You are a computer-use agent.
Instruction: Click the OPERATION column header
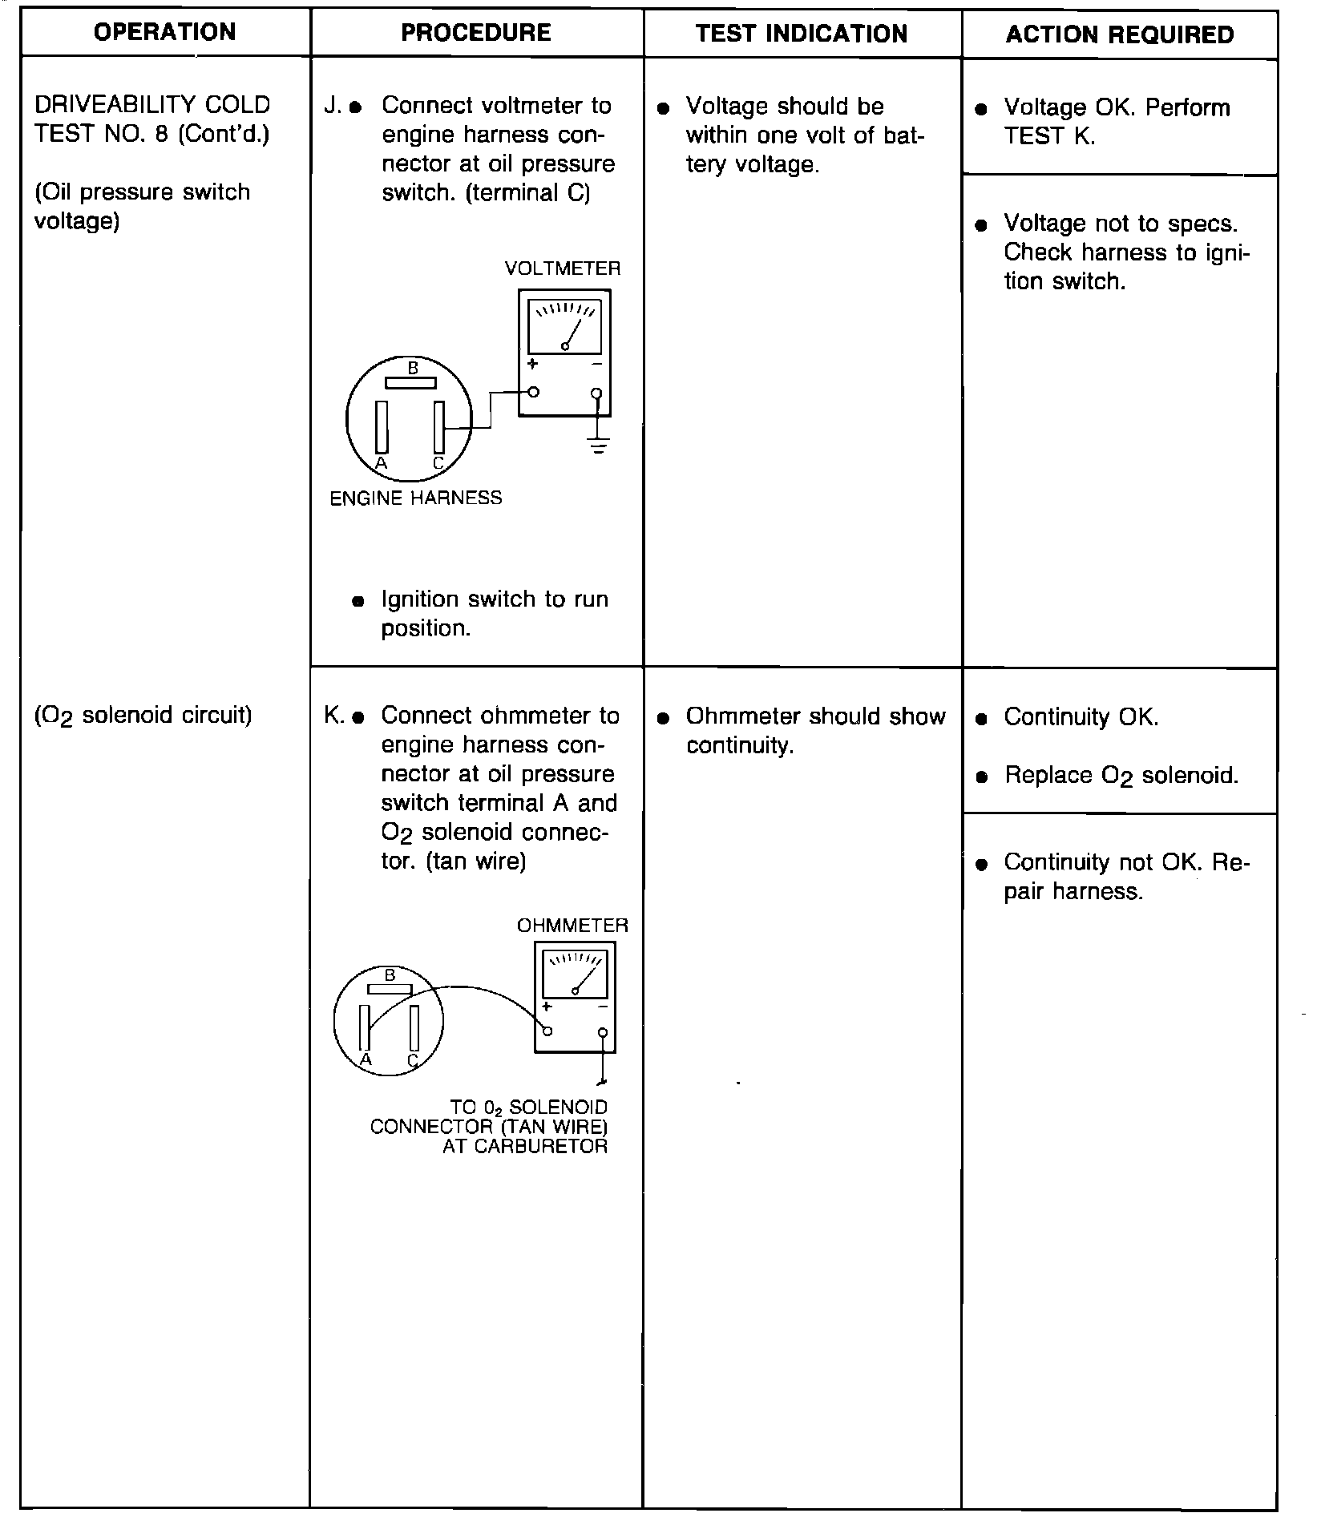(x=165, y=33)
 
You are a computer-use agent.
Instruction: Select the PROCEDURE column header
(x=476, y=33)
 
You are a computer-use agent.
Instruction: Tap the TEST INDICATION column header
(x=802, y=34)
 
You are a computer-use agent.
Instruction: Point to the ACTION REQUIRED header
(x=1120, y=34)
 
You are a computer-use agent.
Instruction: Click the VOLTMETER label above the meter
(x=563, y=268)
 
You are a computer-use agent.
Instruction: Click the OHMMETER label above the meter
(x=572, y=926)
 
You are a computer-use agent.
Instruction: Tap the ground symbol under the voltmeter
(x=598, y=445)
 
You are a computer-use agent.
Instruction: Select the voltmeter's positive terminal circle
(x=533, y=392)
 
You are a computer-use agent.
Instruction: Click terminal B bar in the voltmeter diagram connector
(x=411, y=383)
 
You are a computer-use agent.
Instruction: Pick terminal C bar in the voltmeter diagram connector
(x=439, y=428)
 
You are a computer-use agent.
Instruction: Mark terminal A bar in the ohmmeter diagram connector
(x=365, y=1027)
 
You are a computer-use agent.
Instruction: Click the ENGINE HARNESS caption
(x=416, y=498)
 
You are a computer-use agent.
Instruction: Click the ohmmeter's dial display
(x=575, y=974)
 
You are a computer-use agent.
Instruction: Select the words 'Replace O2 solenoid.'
(x=1121, y=776)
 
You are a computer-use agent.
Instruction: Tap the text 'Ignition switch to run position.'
(x=494, y=613)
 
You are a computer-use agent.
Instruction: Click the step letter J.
(x=331, y=106)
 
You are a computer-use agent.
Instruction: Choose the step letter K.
(x=332, y=715)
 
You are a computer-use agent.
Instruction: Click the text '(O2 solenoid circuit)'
(x=143, y=715)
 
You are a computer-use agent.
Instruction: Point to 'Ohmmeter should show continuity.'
(x=815, y=730)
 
